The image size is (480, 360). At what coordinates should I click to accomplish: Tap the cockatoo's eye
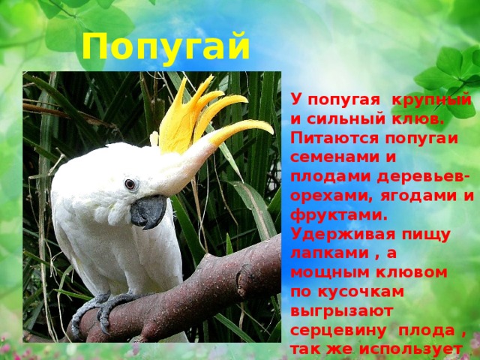point(130,184)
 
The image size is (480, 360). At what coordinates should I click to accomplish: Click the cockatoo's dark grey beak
point(148,211)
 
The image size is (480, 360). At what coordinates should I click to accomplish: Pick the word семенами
point(333,158)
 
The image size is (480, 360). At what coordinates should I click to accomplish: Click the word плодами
point(331,178)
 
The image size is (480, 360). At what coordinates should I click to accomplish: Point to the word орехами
point(331,196)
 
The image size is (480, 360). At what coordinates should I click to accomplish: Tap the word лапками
point(330,254)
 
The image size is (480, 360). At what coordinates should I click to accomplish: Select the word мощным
point(331,273)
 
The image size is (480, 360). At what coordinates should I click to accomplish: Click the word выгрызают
point(341,312)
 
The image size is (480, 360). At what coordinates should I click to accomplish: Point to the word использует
point(411,349)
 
